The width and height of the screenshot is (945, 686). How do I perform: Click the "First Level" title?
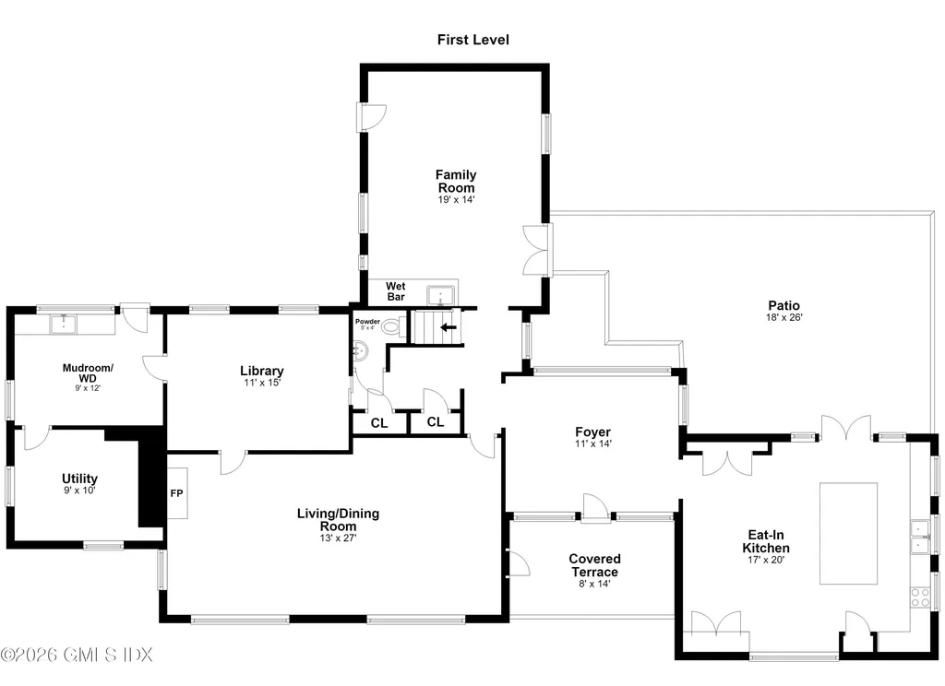(473, 40)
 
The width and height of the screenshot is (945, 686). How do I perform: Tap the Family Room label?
(456, 182)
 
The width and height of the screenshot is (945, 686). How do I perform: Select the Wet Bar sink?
(440, 296)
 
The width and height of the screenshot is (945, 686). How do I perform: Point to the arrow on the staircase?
(449, 327)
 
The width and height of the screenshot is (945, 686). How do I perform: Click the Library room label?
(261, 371)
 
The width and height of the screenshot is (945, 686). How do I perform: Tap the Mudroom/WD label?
(88, 373)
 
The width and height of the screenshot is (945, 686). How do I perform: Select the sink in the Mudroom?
(63, 324)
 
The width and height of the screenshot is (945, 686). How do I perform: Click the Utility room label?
(79, 479)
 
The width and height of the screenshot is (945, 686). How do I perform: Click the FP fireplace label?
(176, 493)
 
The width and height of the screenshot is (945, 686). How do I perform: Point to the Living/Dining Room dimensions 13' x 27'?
(338, 538)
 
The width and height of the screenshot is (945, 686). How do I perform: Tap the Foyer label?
(593, 432)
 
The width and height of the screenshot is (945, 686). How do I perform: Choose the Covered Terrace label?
(595, 565)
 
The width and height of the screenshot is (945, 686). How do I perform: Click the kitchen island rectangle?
(848, 533)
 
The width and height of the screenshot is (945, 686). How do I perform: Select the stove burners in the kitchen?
(920, 597)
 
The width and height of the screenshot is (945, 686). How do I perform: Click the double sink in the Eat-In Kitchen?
(920, 538)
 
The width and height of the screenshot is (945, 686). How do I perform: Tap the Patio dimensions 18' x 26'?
(784, 317)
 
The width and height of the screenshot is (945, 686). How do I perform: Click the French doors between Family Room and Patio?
(538, 250)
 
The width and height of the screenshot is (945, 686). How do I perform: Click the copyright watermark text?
(77, 654)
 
